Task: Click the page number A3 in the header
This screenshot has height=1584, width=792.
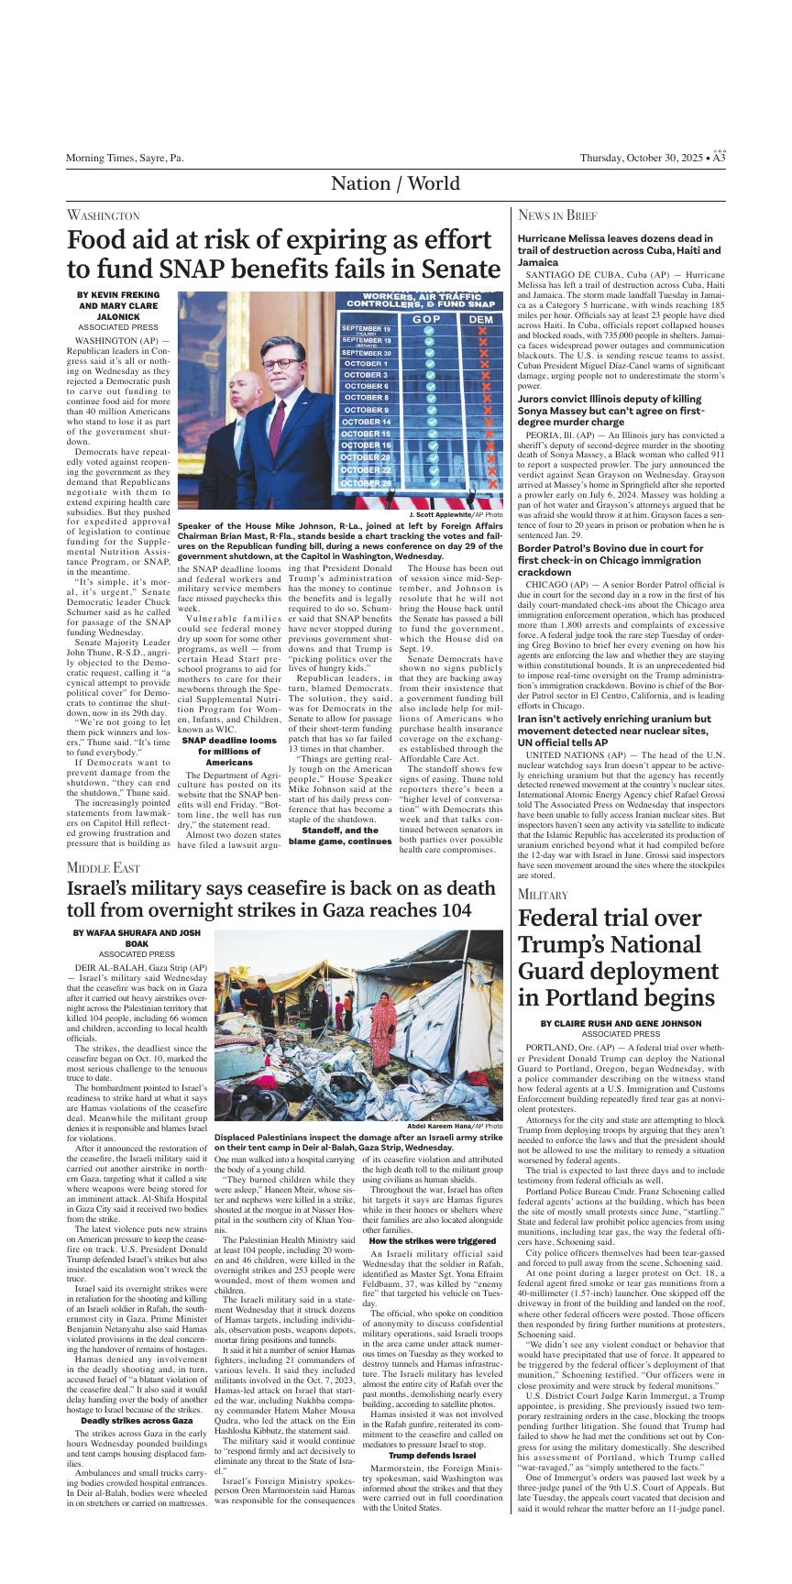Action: [x=720, y=158]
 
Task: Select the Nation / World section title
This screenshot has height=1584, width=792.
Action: [x=395, y=184]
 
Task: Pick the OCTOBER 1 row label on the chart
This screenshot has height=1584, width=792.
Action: [x=366, y=364]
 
